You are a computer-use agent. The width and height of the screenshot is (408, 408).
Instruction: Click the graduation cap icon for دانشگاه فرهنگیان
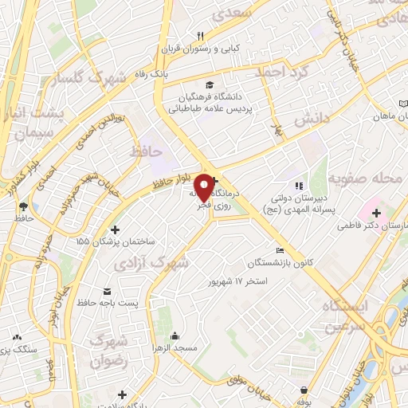[209, 84]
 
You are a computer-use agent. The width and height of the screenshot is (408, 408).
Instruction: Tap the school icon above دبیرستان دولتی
[300, 186]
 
